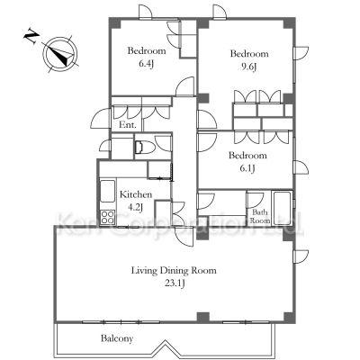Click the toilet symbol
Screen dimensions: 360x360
[x=144, y=148]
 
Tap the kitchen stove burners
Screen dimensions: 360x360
[x=107, y=217]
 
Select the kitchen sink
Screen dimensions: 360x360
[x=107, y=191]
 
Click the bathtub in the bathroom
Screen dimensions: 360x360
[x=282, y=208]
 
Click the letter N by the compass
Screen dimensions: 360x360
[x=31, y=36]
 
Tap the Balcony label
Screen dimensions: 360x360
[x=117, y=339]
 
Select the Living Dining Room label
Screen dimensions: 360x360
[x=174, y=271]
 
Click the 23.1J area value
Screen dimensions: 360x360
[x=174, y=283]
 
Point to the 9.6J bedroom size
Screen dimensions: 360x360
[x=249, y=67]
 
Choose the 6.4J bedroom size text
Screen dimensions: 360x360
[x=146, y=64]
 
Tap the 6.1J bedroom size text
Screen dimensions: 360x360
[x=247, y=168]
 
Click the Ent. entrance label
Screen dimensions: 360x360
[x=128, y=125]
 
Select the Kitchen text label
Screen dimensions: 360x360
[x=136, y=194]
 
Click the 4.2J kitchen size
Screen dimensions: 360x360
[x=136, y=207]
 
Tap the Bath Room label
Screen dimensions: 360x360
[x=260, y=217]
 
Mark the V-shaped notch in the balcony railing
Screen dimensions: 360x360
[x=165, y=346]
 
